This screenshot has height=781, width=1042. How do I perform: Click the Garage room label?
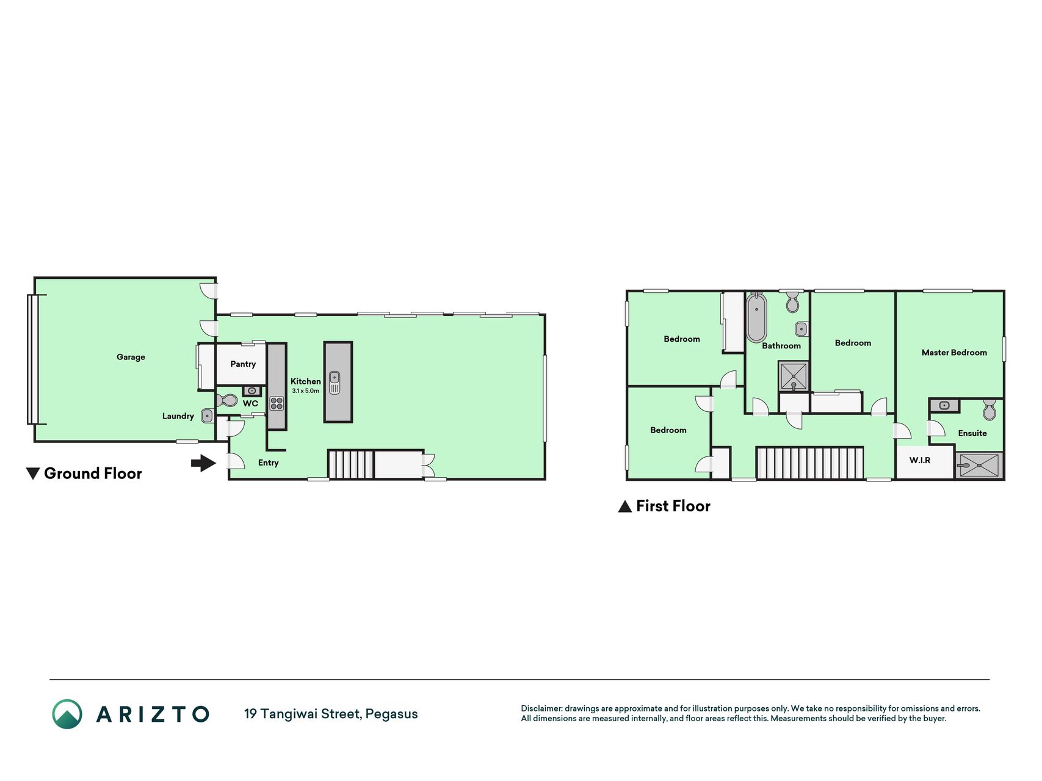tap(131, 357)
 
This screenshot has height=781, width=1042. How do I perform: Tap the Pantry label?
tap(243, 364)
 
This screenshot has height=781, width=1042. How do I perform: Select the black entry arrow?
tap(203, 463)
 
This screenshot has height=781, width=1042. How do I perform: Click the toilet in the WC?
tap(226, 400)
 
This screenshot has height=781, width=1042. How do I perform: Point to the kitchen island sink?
tap(335, 383)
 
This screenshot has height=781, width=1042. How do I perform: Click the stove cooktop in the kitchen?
tap(277, 403)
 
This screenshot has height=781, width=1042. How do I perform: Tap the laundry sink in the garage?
tap(207, 416)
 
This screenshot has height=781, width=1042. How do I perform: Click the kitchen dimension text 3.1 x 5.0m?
tap(305, 391)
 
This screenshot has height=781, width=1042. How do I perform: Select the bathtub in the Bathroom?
tap(756, 317)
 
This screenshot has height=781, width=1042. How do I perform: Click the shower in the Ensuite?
tap(979, 465)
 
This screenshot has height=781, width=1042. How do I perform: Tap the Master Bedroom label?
tap(954, 353)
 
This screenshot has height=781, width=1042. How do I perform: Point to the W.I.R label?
tap(920, 460)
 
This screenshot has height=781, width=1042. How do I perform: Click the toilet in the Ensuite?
tap(990, 410)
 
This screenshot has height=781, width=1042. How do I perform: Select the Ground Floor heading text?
tap(93, 473)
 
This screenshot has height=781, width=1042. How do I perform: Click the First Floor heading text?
tap(673, 506)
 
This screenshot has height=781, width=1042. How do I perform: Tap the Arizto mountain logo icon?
tap(67, 714)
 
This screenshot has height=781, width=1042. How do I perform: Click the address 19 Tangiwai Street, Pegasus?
tap(331, 714)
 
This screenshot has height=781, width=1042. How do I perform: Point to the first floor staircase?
tap(810, 463)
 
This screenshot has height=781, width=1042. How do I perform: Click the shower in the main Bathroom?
tap(794, 376)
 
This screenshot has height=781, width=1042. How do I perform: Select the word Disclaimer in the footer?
tap(541, 708)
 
